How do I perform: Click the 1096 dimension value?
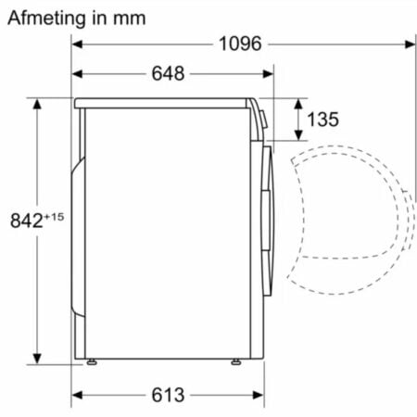click(x=240, y=44)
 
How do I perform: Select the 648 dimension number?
click(x=168, y=73)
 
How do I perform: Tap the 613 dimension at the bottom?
click(x=168, y=395)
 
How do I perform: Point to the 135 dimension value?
click(x=322, y=120)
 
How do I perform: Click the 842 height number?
click(x=27, y=221)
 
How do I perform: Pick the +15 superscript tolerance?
click(x=54, y=217)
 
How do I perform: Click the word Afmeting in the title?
click(x=46, y=19)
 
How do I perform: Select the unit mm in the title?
click(x=129, y=19)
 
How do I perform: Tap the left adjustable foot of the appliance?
click(x=92, y=361)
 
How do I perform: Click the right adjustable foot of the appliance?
click(x=236, y=361)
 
